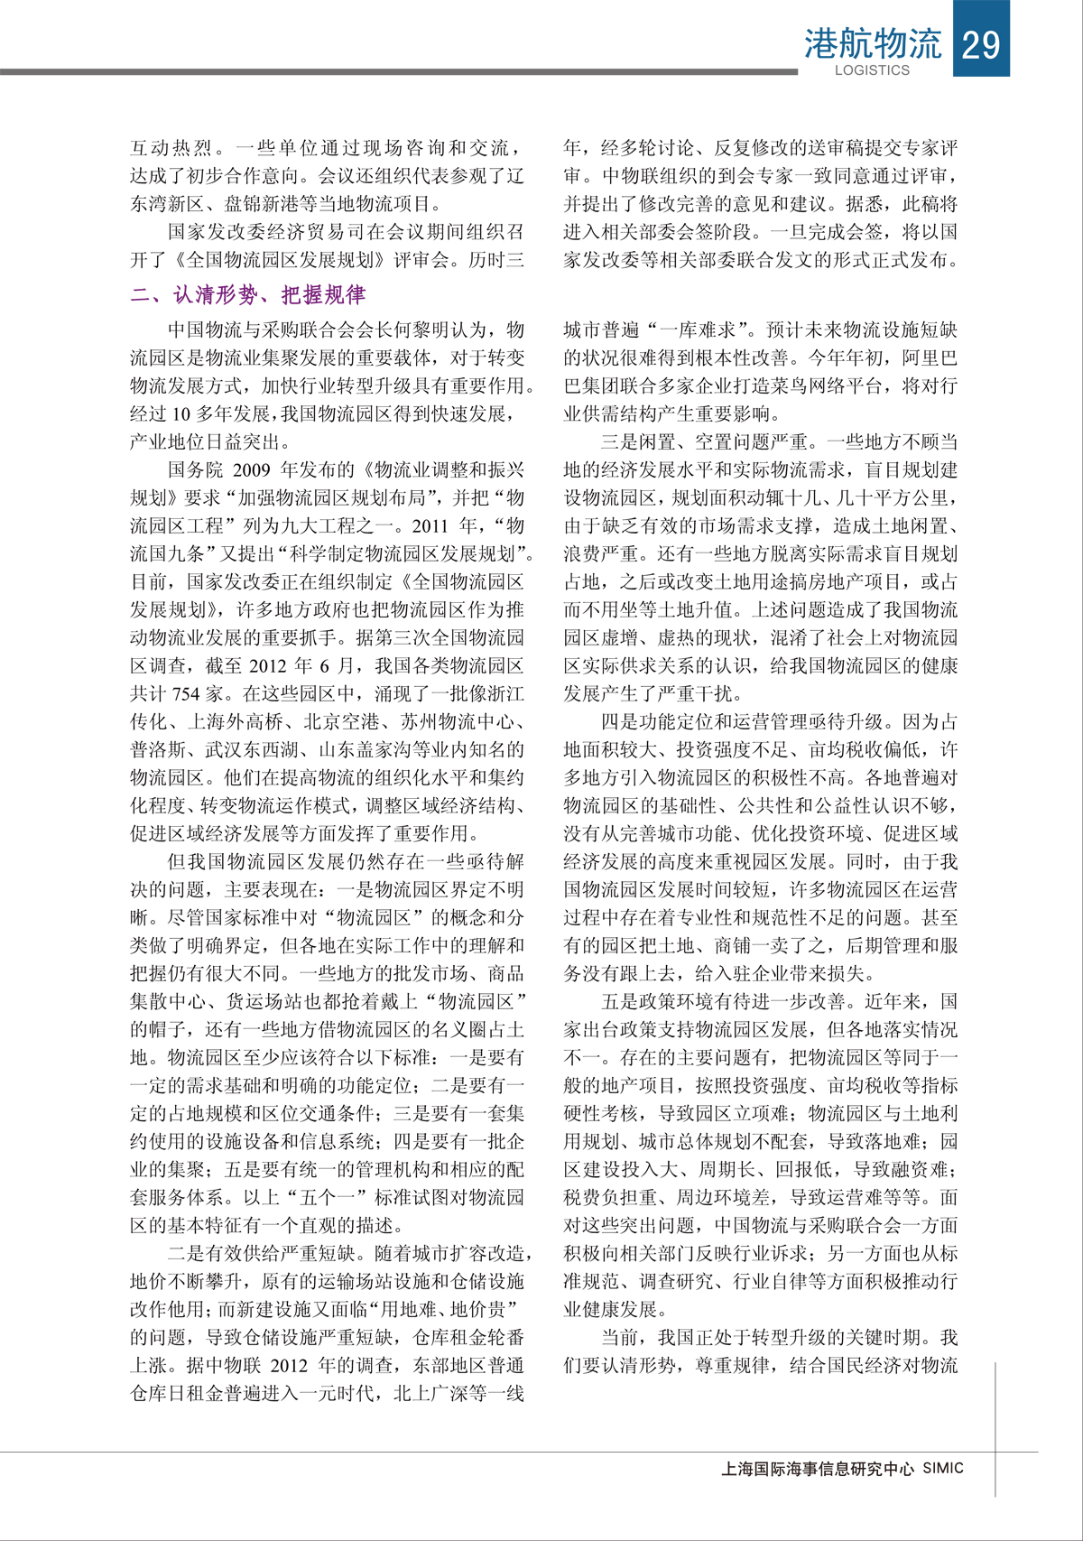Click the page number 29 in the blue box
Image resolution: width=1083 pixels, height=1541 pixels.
(981, 42)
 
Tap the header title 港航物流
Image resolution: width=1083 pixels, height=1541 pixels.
(872, 42)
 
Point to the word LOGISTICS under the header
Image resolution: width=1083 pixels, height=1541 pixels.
(872, 70)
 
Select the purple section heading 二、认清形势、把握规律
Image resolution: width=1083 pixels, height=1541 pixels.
(248, 295)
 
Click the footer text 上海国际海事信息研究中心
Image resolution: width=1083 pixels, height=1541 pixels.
(818, 1469)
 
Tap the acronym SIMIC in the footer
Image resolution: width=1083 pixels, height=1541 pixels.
(943, 1469)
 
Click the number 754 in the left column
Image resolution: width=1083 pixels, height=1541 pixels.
(186, 693)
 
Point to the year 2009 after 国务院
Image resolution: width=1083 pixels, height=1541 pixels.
(252, 469)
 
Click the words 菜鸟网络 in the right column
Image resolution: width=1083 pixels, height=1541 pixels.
(799, 385)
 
